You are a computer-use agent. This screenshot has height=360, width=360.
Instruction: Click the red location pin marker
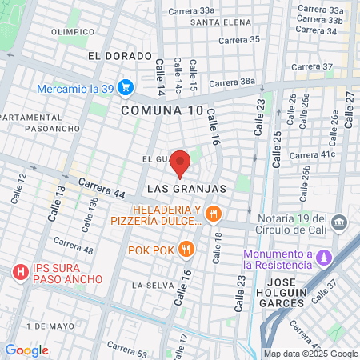pos(180,162)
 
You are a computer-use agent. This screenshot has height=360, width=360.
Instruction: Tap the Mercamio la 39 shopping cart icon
pos(125,87)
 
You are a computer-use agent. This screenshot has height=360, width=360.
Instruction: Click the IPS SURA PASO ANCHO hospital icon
pos(20,273)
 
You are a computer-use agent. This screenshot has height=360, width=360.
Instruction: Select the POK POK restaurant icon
pos(186,248)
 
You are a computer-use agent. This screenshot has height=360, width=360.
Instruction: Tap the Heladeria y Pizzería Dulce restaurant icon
pos(212,214)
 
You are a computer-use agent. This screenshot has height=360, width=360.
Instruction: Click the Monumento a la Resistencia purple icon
pos(324,258)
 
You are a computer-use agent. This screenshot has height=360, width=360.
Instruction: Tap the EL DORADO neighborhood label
pos(120,56)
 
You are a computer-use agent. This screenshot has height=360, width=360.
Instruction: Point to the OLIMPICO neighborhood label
pos(73,32)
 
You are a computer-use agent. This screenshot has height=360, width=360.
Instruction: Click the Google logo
pos(26,350)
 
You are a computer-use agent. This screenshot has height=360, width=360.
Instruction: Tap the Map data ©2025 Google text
pos(311,354)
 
